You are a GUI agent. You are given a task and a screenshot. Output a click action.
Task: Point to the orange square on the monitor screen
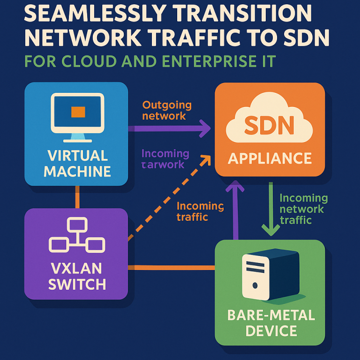point(77,112)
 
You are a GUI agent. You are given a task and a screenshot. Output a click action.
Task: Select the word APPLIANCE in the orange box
point(270,158)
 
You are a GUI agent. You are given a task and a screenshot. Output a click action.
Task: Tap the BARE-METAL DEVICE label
point(269,323)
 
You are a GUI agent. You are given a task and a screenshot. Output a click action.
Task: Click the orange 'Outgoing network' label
point(164,111)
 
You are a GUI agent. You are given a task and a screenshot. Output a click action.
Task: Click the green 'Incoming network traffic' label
point(303,209)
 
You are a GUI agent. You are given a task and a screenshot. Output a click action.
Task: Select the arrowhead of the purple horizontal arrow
point(205,128)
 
